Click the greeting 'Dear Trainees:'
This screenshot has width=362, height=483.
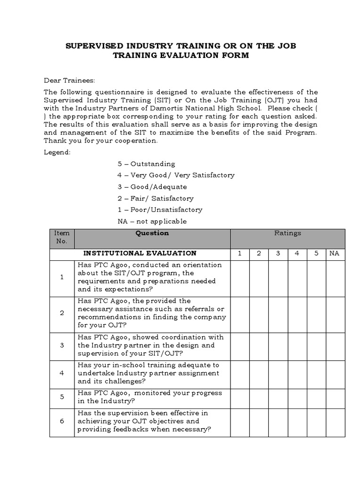pos(70,80)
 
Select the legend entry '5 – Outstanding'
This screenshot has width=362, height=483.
pos(146,164)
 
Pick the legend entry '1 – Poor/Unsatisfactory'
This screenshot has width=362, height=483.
pos(160,209)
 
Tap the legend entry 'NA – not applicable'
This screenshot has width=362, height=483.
pos(152,221)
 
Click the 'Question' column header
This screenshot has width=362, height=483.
pos(152,233)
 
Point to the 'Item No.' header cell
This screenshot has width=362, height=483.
pos(62,237)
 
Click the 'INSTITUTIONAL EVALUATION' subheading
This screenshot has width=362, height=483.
pos(140,253)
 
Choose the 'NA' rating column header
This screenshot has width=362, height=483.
pos(334,253)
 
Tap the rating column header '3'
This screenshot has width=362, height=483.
pos(278,253)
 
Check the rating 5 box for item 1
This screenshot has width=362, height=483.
pos(316,277)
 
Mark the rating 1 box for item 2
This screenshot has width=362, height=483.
pos(240,313)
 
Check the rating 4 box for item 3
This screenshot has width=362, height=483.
pos(297,345)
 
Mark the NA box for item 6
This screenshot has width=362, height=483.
pos(334,421)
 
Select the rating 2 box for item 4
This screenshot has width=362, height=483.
pos(259,373)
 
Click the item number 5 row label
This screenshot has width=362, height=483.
pos(62,397)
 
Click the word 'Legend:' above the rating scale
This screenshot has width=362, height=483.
pos(57,152)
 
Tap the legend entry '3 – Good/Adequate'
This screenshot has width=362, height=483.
pos(152,187)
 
